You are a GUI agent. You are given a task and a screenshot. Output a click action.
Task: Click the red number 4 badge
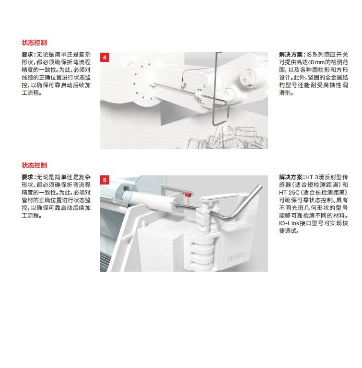pos(105,57)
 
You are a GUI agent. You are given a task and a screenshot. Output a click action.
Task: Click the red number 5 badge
pos(105,180)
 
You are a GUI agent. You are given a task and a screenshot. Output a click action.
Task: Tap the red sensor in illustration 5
pos(187,195)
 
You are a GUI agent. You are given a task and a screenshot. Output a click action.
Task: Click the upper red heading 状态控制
pos(35,43)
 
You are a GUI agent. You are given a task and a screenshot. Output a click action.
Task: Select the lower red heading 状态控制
pos(35,165)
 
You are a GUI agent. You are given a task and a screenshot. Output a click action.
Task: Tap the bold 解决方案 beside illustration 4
pos(291,55)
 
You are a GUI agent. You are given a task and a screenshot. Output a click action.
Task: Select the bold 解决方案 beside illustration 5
pos(291,177)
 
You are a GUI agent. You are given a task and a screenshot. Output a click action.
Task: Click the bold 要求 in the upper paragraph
pos(27,55)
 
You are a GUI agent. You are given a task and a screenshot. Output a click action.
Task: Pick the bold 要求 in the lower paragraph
pos(27,177)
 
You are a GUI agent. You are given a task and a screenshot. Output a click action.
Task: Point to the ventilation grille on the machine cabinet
pos(236,257)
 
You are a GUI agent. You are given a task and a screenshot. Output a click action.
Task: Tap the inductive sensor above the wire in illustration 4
pos(183,84)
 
